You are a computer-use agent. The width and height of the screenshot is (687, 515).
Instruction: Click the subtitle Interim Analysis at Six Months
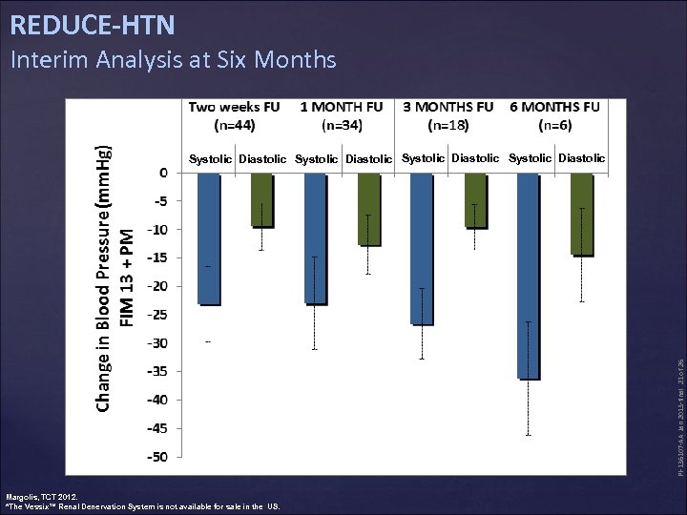click(x=173, y=60)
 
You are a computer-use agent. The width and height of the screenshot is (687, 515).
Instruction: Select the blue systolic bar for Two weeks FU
click(x=208, y=238)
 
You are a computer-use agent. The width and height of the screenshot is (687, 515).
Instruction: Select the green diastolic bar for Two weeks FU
click(x=261, y=200)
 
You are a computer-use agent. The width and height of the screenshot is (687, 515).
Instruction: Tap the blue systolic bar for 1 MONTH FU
click(x=316, y=238)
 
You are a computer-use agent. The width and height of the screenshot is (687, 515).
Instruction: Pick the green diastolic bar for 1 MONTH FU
click(x=368, y=210)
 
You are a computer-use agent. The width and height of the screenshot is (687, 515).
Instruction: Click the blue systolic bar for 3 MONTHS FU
click(x=421, y=248)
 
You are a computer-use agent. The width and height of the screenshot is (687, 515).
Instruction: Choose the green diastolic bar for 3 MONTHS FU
click(x=475, y=200)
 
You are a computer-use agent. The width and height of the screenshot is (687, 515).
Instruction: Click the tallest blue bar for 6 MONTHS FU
click(x=528, y=277)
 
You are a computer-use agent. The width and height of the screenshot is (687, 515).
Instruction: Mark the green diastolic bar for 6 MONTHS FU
click(x=581, y=215)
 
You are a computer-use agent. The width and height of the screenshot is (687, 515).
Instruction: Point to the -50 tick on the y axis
click(x=156, y=457)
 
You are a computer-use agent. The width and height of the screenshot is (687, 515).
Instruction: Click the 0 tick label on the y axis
click(x=162, y=173)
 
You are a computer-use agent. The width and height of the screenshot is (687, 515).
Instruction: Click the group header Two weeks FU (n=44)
click(x=234, y=115)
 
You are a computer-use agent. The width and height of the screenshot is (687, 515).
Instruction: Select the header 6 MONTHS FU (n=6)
click(x=554, y=115)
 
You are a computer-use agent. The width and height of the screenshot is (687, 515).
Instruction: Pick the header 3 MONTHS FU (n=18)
click(x=448, y=115)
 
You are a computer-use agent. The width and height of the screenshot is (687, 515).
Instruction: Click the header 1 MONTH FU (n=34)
click(x=341, y=115)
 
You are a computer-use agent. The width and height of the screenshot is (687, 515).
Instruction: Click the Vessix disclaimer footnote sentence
click(x=143, y=506)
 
